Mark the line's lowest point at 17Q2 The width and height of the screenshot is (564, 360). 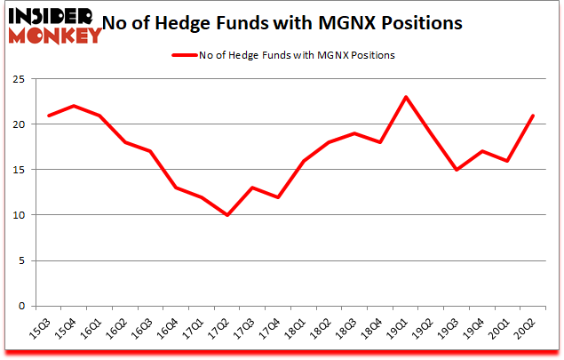coord(227,215)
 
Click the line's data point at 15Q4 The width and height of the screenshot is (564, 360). coord(74,106)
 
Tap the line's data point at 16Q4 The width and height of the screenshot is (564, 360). coord(176,188)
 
